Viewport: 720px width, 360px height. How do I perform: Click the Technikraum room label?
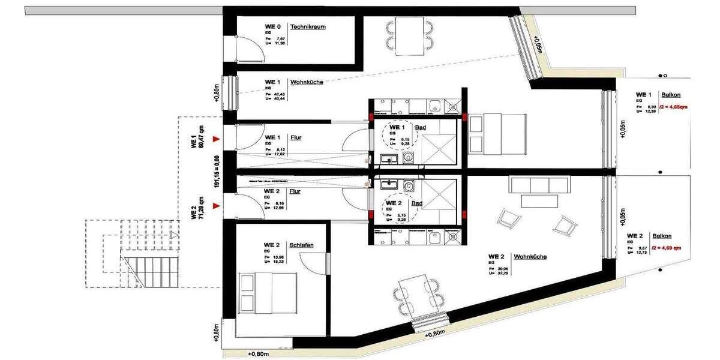(x=308, y=26)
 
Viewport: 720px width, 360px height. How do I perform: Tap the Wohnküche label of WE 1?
(x=306, y=82)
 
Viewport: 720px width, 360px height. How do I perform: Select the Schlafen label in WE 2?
(x=301, y=245)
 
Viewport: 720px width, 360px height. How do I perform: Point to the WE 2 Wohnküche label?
(x=530, y=257)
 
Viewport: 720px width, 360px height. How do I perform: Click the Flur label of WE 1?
(x=295, y=137)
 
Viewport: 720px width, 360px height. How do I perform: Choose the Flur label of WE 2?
(x=295, y=192)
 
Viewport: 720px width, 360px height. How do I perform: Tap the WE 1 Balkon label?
(x=670, y=95)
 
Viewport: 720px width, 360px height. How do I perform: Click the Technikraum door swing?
(x=251, y=47)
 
